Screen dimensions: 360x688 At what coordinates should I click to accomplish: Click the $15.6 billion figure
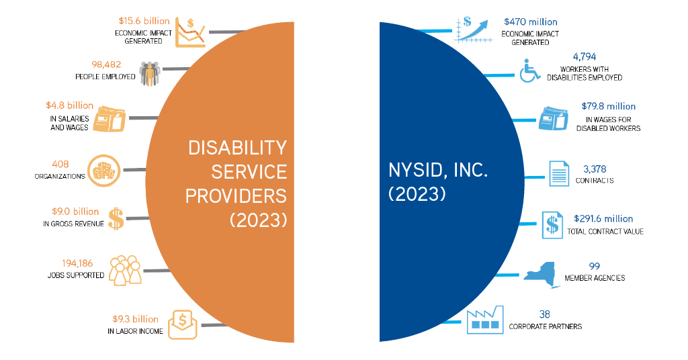[143, 21]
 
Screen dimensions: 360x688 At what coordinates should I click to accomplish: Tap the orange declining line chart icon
[190, 32]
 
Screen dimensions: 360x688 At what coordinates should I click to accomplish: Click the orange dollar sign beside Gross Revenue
[116, 219]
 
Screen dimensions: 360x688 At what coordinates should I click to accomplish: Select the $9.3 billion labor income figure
[136, 319]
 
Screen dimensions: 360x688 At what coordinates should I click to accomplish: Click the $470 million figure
[530, 22]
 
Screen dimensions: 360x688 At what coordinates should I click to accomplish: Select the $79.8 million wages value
[608, 106]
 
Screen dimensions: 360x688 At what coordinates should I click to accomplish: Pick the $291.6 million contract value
[603, 219]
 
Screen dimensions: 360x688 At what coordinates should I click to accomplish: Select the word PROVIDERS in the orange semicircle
[236, 195]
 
